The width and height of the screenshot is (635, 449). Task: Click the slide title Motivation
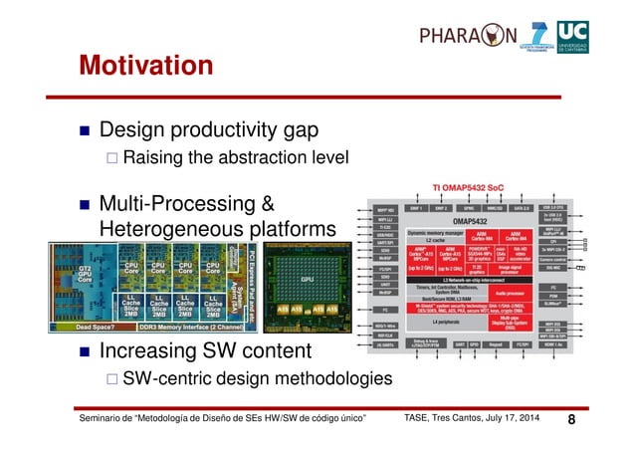pos(146,66)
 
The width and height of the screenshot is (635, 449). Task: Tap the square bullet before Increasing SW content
pos(85,352)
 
